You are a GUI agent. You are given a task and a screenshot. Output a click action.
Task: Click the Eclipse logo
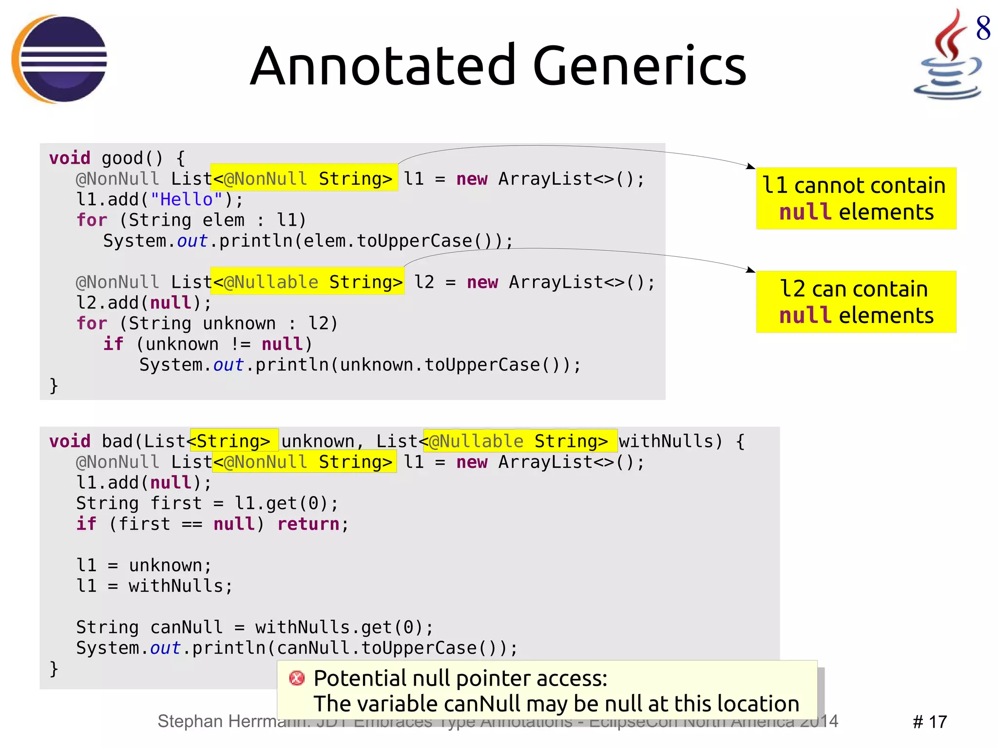point(59,59)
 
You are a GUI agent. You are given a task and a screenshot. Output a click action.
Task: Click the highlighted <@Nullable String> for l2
point(307,282)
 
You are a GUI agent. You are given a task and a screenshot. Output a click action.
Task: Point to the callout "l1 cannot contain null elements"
point(856,198)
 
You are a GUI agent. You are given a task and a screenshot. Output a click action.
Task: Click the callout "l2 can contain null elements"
point(856,302)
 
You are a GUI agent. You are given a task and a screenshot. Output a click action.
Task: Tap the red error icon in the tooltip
point(297,678)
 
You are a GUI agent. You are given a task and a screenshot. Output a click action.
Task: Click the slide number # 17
point(929,722)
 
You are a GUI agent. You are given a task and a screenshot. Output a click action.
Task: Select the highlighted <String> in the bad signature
point(233,441)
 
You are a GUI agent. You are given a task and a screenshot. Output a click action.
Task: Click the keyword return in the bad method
point(308,524)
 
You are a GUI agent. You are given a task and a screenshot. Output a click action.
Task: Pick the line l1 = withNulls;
point(154,586)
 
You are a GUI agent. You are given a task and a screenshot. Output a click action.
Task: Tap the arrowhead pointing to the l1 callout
point(751,167)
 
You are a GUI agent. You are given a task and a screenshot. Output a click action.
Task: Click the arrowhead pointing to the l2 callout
point(751,270)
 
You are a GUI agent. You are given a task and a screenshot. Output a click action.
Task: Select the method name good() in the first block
point(132,158)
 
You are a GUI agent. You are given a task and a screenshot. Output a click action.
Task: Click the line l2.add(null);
point(144,303)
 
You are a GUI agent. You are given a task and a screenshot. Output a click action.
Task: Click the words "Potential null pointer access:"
point(460,678)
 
